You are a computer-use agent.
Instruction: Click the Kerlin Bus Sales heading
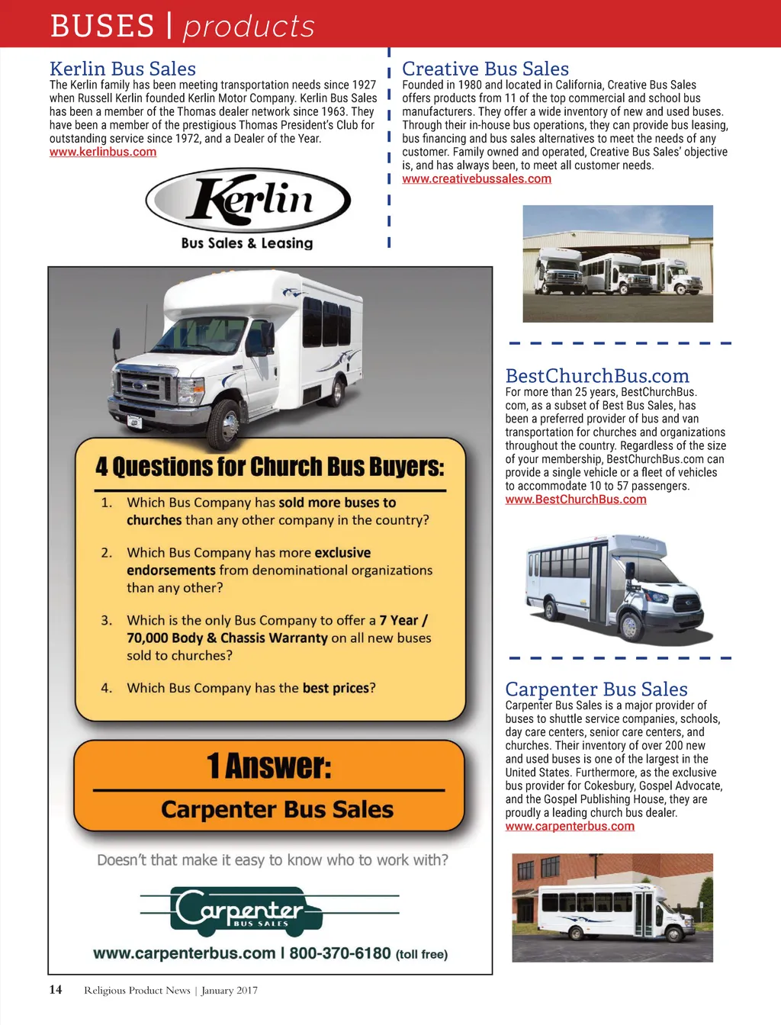click(123, 69)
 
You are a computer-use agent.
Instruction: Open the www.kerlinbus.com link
click(103, 152)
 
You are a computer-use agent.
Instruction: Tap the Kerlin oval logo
click(248, 200)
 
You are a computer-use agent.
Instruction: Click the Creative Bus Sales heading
click(485, 69)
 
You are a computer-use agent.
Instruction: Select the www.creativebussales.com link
click(477, 178)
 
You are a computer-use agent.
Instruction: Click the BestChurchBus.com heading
click(597, 376)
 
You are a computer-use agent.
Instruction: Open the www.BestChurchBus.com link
click(576, 500)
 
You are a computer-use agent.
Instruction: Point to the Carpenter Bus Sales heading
click(596, 689)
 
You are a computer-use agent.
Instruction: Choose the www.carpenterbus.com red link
click(570, 826)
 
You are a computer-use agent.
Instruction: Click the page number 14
click(56, 990)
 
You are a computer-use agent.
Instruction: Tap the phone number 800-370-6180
click(340, 953)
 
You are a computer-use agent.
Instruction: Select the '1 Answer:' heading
click(269, 766)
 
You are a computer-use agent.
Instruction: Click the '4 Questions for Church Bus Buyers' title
click(270, 466)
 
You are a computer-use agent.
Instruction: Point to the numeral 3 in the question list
click(106, 621)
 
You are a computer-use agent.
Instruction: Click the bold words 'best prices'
click(336, 688)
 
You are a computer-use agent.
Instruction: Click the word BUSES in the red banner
click(102, 26)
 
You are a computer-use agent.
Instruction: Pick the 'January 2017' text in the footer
click(230, 991)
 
